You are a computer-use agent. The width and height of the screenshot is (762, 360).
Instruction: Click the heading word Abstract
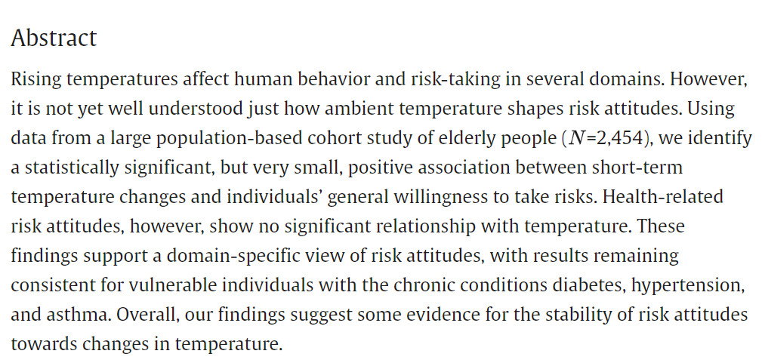point(54,38)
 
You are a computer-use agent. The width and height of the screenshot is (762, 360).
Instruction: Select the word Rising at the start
point(37,79)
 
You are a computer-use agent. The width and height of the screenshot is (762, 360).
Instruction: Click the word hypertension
point(690,285)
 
